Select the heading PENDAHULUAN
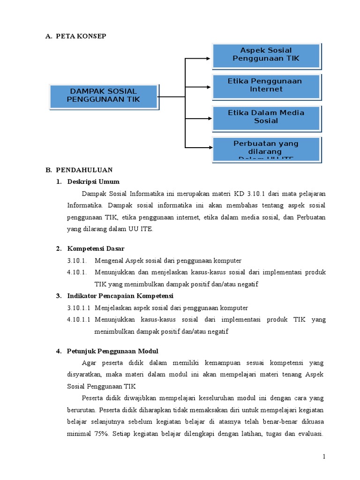pyautogui.click(x=84, y=170)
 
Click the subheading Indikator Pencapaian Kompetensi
pyautogui.click(x=120, y=296)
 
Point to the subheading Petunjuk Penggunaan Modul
pyautogui.click(x=113, y=351)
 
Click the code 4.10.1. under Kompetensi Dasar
pyautogui.click(x=77, y=272)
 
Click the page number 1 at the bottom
pyautogui.click(x=323, y=457)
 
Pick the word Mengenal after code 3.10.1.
pyautogui.click(x=109, y=261)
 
